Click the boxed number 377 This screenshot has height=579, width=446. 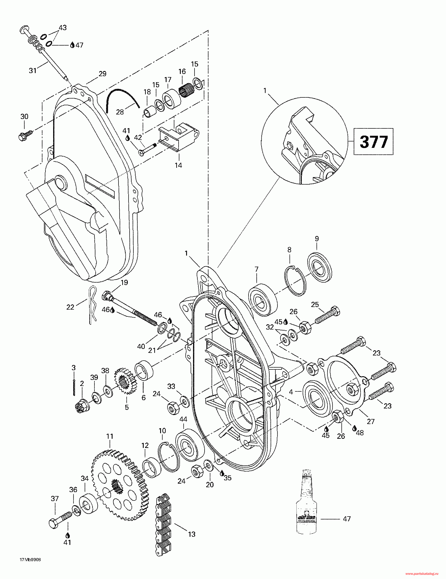[373, 142]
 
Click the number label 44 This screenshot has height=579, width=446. [183, 419]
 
